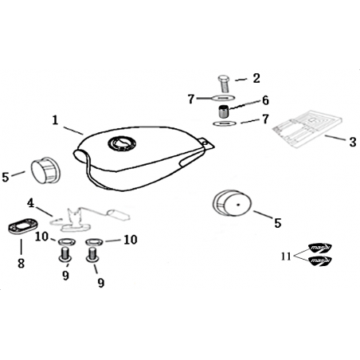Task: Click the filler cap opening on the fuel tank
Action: [x=122, y=144]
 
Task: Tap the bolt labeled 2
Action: [x=224, y=84]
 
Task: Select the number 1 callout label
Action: [x=55, y=120]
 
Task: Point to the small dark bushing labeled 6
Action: [x=224, y=112]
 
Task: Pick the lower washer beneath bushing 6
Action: [x=225, y=123]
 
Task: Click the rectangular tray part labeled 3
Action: [x=307, y=128]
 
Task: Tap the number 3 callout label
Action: [x=352, y=142]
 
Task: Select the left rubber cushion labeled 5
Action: [x=45, y=170]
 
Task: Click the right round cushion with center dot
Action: [x=232, y=203]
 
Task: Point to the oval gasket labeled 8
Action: [x=23, y=225]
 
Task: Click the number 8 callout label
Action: [x=21, y=264]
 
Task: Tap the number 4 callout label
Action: [x=31, y=204]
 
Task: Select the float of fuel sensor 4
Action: [x=118, y=215]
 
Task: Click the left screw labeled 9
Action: [x=65, y=254]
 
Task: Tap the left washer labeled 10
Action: [x=67, y=242]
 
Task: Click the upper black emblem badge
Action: [x=320, y=248]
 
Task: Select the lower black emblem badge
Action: [x=320, y=260]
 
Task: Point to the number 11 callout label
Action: [x=286, y=256]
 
